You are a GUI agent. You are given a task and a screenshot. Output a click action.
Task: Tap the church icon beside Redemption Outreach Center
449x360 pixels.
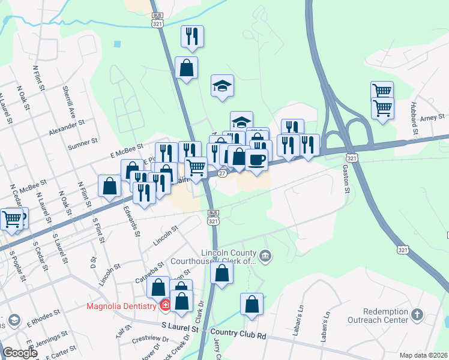pyautogui.click(x=418, y=314)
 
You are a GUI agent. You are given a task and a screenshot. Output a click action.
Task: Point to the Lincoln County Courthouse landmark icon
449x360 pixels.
pyautogui.click(x=267, y=257)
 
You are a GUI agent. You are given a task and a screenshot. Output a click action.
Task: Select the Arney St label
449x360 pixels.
pyautogui.click(x=432, y=118)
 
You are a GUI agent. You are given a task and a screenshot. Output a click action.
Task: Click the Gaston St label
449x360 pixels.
pyautogui.click(x=347, y=177)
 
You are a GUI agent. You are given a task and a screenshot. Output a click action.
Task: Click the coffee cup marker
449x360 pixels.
pyautogui.click(x=256, y=160)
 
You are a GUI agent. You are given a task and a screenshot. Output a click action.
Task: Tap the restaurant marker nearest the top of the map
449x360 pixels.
pyautogui.click(x=192, y=36)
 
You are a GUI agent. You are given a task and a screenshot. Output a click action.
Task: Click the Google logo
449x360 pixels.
pyautogui.click(x=20, y=353)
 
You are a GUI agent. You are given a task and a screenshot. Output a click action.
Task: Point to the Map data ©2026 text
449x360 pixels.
pyautogui.click(x=424, y=355)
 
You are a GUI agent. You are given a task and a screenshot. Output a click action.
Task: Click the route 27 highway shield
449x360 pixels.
pyautogui.click(x=221, y=173)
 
